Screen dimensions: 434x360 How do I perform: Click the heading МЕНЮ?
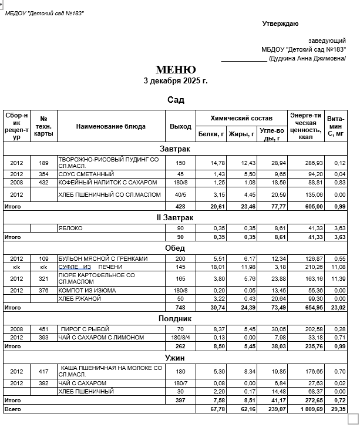pyautogui.click(x=176, y=70)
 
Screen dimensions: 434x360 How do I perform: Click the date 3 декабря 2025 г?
pyautogui.click(x=176, y=80)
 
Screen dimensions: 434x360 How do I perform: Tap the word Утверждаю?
pyautogui.click(x=280, y=23)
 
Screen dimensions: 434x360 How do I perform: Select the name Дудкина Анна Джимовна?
pyautogui.click(x=307, y=58)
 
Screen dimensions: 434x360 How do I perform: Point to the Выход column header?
pyautogui.click(x=180, y=126)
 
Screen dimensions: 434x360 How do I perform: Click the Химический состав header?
pyautogui.click(x=241, y=118)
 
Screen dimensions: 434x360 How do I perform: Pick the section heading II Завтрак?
pyautogui.click(x=174, y=218)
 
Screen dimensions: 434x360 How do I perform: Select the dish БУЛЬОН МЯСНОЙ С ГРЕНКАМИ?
pyautogui.click(x=103, y=258)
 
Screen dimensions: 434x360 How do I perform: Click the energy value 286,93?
pyautogui.click(x=305, y=163)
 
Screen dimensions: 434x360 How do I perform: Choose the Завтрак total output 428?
pyautogui.click(x=180, y=207)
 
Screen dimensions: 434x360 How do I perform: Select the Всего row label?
pyautogui.click(x=12, y=409)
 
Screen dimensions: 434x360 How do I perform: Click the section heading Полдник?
pyautogui.click(x=175, y=318)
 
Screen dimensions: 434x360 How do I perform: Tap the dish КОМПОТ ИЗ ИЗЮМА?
pyautogui.click(x=86, y=290)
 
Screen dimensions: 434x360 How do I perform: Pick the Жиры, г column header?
pyautogui.click(x=241, y=134)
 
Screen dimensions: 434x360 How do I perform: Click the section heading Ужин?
pyautogui.click(x=175, y=357)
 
